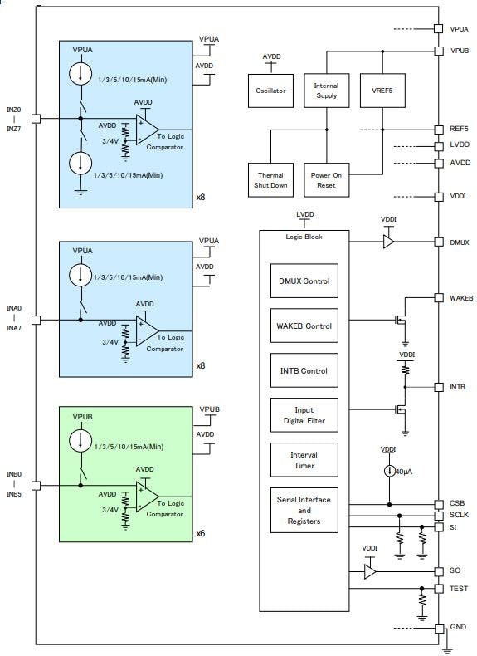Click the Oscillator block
271,91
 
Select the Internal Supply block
326,91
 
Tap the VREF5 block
382,91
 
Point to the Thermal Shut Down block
270,180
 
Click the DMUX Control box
304,281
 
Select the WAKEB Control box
304,326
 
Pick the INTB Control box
304,371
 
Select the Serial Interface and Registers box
304,511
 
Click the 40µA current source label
402,472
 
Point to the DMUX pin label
460,242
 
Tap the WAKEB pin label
461,298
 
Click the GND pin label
458,629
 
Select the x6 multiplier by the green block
201,534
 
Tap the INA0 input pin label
14,309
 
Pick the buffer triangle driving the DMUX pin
388,242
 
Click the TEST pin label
459,588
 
